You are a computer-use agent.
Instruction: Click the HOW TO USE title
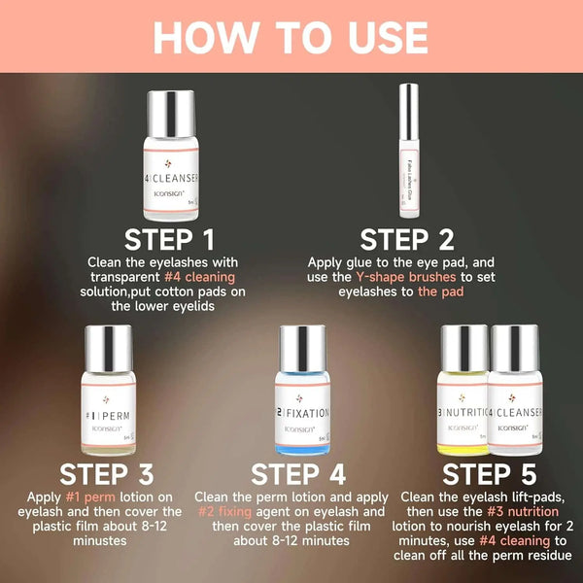point(291,37)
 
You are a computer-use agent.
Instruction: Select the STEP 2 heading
point(407,239)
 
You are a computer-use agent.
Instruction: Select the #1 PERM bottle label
point(106,412)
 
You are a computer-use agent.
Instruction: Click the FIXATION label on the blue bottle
point(303,412)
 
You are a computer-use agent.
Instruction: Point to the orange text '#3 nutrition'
point(524,510)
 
